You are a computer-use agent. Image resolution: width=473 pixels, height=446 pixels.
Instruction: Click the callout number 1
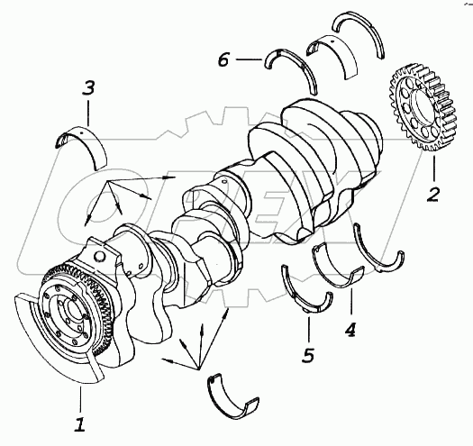point(80,423)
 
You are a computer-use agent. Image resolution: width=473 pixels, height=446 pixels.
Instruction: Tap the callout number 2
point(432,195)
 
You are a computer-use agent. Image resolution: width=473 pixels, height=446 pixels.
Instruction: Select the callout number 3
point(89,87)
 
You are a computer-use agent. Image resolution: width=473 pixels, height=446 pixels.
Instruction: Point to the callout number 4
point(350,330)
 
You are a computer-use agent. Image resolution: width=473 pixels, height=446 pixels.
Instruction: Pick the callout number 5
point(308,355)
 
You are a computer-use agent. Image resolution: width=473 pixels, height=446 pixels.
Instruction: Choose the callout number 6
point(223,59)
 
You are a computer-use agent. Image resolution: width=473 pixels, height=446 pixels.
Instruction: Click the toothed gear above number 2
point(423,108)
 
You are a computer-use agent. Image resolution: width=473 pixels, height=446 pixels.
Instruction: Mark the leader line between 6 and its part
point(249,59)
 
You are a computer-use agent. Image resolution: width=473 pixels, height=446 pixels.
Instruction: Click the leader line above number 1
point(80,399)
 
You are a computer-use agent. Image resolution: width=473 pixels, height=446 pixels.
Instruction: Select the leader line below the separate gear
point(434,168)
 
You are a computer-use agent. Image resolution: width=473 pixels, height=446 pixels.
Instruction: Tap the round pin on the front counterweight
point(100,256)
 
